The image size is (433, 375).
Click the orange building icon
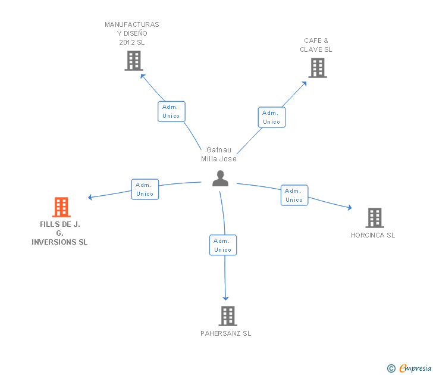pyautogui.click(x=61, y=207)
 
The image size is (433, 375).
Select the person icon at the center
pyautogui.click(x=220, y=179)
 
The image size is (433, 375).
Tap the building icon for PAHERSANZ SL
pyautogui.click(x=228, y=316)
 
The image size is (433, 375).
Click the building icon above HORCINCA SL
pyautogui.click(x=375, y=218)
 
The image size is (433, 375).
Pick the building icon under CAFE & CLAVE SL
pyautogui.click(x=318, y=68)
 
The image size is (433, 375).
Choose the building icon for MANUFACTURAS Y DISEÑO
pyautogui.click(x=134, y=61)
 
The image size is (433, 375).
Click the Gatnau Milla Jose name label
pyautogui.click(x=219, y=154)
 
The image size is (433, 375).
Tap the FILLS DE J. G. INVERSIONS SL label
pyautogui.click(x=59, y=233)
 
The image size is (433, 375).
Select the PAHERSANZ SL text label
pyautogui.click(x=226, y=333)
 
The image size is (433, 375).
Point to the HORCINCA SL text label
pyautogui.click(x=373, y=235)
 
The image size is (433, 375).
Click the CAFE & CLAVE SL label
pyautogui.click(x=316, y=45)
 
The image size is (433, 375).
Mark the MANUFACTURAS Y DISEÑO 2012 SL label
pyautogui.click(x=132, y=33)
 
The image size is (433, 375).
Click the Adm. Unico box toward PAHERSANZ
pyautogui.click(x=223, y=245)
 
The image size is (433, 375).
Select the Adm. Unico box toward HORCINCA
pyautogui.click(x=294, y=195)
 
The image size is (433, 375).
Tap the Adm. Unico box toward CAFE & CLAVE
pyautogui.click(x=272, y=117)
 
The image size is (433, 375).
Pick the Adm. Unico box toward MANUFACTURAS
pyautogui.click(x=171, y=111)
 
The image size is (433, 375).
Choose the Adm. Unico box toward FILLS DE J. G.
pyautogui.click(x=145, y=189)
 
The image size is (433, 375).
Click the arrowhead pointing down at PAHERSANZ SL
pyautogui.click(x=225, y=298)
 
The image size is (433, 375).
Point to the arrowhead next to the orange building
pyautogui.click(x=90, y=197)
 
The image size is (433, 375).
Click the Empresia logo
pyautogui.click(x=409, y=368)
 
